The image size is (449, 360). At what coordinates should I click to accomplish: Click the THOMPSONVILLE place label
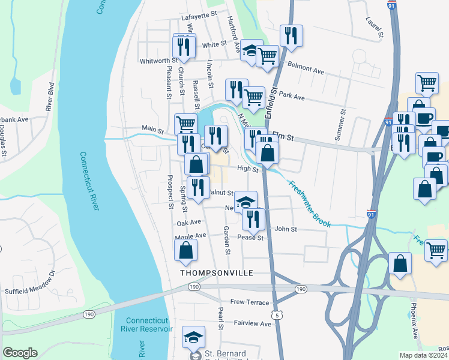(x=217, y=272)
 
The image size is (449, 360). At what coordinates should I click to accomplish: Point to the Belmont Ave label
(x=306, y=67)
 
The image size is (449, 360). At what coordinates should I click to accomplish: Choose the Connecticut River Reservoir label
(x=149, y=325)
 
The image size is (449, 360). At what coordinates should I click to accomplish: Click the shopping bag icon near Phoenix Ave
(x=400, y=263)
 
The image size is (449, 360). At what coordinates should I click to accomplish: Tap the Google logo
(x=20, y=353)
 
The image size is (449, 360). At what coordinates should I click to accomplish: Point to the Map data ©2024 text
(x=424, y=355)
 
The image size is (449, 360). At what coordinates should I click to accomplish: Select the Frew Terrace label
(x=249, y=302)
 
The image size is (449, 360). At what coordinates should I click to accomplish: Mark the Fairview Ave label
(x=253, y=323)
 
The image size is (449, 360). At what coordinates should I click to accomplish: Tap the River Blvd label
(x=50, y=97)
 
